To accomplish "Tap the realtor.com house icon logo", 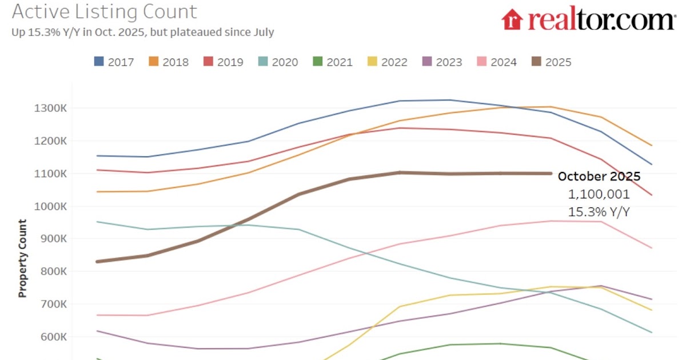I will [x=513, y=19].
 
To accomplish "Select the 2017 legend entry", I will [x=114, y=62].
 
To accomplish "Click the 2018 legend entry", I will [x=169, y=62].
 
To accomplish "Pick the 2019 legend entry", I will [x=224, y=62].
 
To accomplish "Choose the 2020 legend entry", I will [x=278, y=62].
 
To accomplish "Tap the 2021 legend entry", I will [x=333, y=62].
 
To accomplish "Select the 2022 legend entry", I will [x=388, y=62].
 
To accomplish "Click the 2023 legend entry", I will [x=442, y=62].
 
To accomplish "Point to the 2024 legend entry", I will [x=497, y=62].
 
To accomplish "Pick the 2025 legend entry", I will [x=552, y=62].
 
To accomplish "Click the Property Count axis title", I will [x=22, y=258].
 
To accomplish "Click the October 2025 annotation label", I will [x=599, y=176].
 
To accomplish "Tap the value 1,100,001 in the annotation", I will [x=599, y=194].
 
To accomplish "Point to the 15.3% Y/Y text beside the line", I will [x=599, y=212].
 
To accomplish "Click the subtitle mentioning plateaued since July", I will [x=142, y=33].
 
